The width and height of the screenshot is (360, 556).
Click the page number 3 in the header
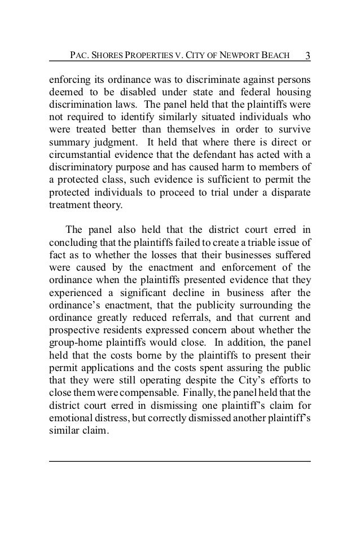pos(308,56)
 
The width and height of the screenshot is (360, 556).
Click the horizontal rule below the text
pos(179,462)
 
